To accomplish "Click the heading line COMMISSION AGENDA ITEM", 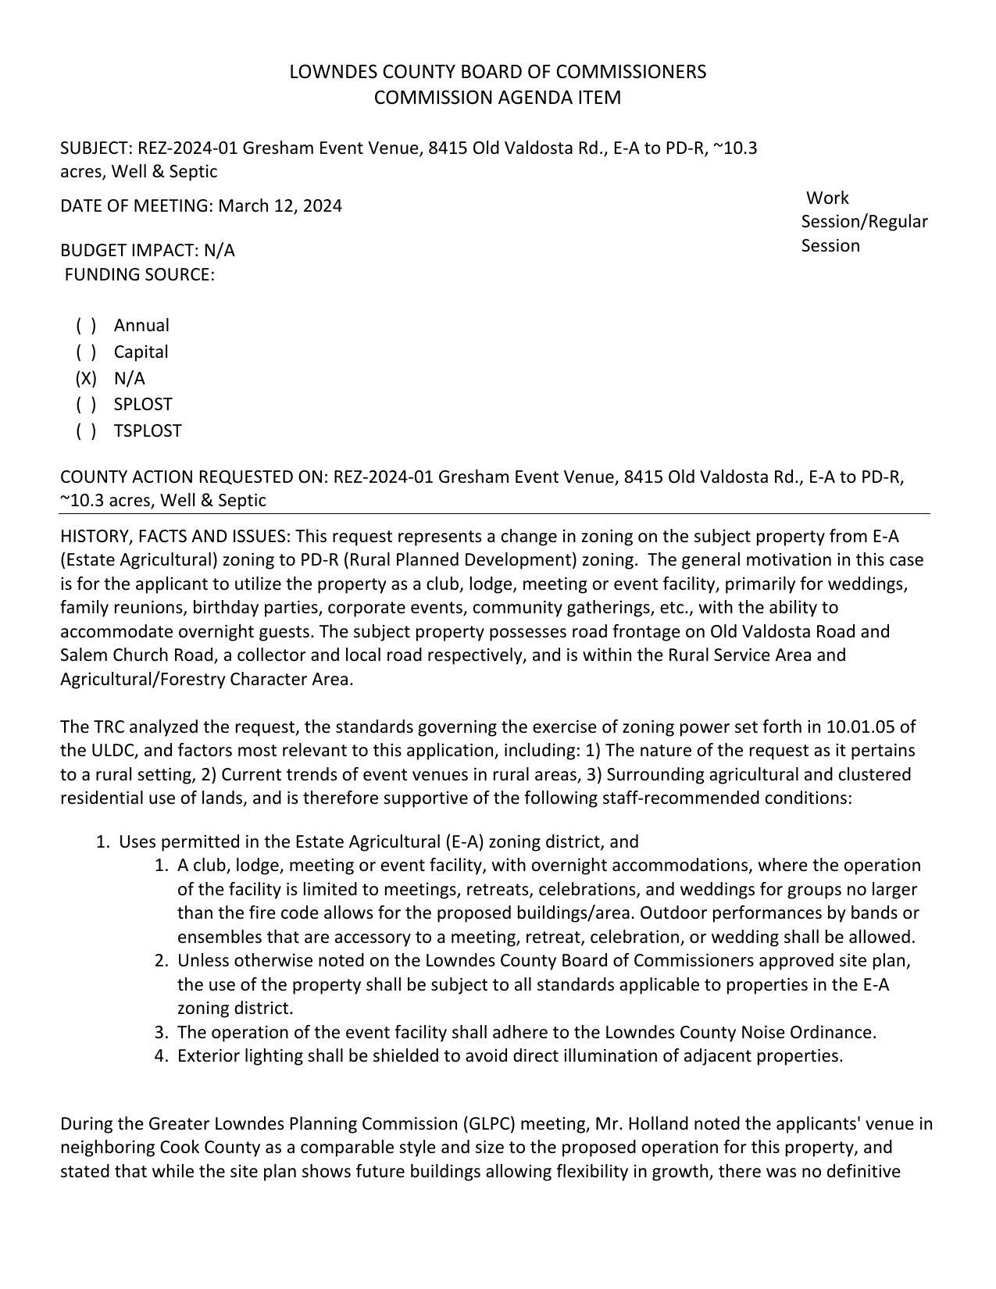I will click(x=498, y=98).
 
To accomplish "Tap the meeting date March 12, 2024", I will click(x=280, y=206).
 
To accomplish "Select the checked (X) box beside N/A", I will click(x=86, y=379).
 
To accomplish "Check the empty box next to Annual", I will click(x=86, y=326).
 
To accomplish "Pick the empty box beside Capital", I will click(x=86, y=352).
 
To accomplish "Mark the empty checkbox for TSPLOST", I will click(x=86, y=431).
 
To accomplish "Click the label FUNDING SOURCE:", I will click(x=139, y=275).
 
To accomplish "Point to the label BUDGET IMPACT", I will click(x=129, y=251).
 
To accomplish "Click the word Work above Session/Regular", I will click(x=827, y=198).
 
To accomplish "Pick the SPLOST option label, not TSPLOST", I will click(x=143, y=405).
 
